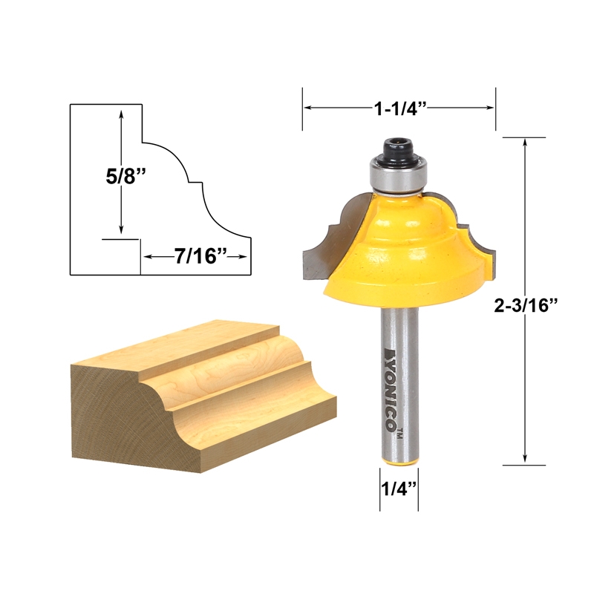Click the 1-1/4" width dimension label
pyautogui.click(x=398, y=108)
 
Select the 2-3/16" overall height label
pyautogui.click(x=527, y=307)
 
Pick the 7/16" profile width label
pyautogui.click(x=195, y=256)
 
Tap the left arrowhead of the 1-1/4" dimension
pyautogui.click(x=307, y=108)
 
